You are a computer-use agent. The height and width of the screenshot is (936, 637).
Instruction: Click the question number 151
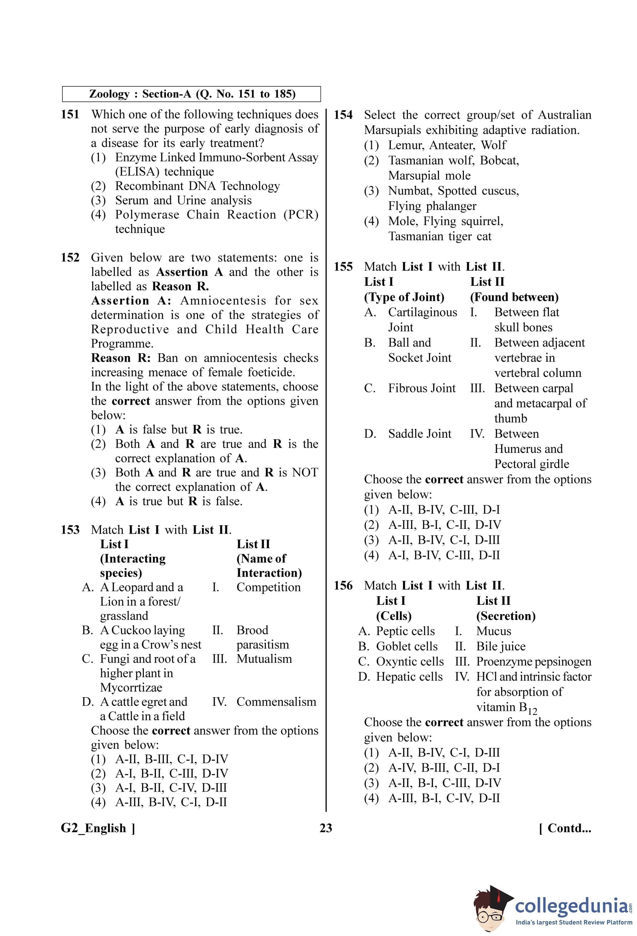[70, 115]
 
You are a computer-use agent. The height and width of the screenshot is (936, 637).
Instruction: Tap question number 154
[343, 115]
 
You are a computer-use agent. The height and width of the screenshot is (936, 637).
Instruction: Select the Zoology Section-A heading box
[192, 94]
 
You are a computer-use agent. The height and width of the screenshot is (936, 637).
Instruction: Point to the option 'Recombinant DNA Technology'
[197, 186]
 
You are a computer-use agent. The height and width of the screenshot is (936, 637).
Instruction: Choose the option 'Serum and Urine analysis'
[183, 200]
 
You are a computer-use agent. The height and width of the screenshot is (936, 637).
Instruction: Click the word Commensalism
[276, 701]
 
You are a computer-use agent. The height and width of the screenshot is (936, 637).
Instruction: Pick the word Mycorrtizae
[131, 687]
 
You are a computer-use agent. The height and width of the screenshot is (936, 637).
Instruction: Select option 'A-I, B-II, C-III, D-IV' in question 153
[172, 773]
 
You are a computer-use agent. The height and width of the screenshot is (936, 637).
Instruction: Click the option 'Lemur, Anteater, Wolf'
[447, 145]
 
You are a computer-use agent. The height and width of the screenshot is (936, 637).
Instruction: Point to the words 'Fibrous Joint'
[421, 388]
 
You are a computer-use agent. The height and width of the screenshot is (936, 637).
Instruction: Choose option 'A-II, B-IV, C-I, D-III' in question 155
[444, 540]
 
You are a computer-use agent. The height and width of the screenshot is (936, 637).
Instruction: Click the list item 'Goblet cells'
[407, 646]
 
